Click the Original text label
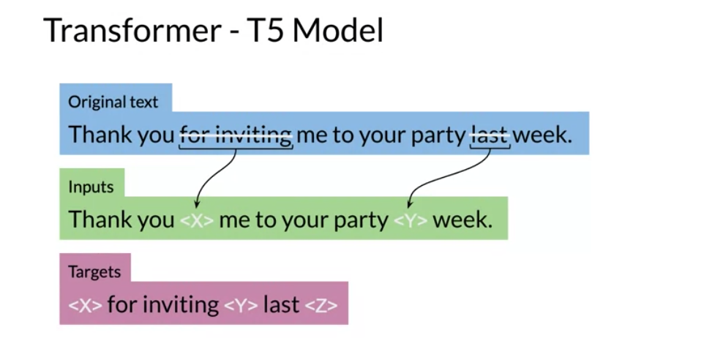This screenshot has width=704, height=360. tap(113, 102)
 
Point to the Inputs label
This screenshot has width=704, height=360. tap(91, 187)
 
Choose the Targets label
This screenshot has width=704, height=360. tap(94, 271)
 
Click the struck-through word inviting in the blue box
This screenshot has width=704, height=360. tap(254, 135)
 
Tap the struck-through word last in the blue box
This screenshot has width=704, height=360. tap(490, 135)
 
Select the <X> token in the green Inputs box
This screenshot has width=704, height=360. tap(197, 220)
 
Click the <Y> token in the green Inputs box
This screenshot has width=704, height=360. tap(411, 220)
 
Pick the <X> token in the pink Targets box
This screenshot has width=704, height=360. tap(86, 306)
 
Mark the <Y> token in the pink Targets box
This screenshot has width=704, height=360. tap(241, 306)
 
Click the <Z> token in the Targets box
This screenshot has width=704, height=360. tap(321, 306)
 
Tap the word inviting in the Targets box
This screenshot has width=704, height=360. tap(181, 305)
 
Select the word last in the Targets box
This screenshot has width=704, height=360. tap(281, 304)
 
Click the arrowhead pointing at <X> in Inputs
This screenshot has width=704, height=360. tap(197, 204)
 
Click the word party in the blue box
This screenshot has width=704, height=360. tap(438, 135)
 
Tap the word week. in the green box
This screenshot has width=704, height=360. tap(463, 220)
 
